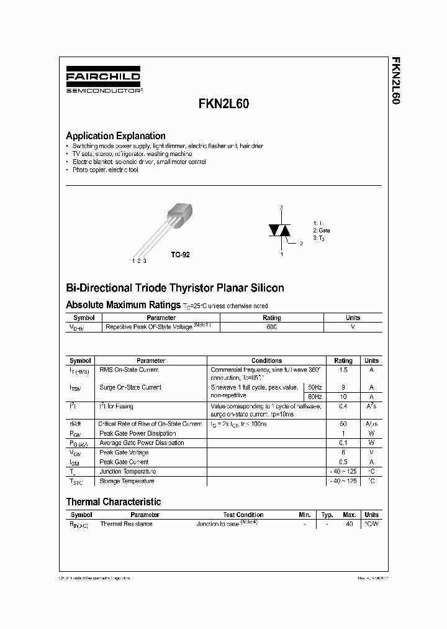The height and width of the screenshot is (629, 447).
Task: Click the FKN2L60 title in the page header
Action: point(224,104)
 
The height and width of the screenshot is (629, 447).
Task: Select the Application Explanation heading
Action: point(115,135)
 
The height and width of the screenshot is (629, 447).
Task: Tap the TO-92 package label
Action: point(180,255)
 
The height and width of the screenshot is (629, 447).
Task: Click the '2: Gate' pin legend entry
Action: point(322,230)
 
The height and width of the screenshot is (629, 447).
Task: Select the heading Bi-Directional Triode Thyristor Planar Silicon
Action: point(175,288)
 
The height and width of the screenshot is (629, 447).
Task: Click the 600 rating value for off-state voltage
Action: point(271,326)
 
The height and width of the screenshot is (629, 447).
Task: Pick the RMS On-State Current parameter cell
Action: point(129,370)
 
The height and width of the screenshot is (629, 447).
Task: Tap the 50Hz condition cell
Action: point(315,387)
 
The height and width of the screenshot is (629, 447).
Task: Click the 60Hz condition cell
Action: point(315,397)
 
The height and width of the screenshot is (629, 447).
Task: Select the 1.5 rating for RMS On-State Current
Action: point(343,370)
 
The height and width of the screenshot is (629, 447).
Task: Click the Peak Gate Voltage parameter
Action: point(124,452)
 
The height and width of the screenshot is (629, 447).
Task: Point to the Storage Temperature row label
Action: point(127,481)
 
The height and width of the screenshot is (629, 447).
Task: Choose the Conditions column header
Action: point(266,360)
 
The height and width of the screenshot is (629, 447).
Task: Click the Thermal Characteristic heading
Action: point(114,502)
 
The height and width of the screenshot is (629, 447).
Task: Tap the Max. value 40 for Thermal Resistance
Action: point(350,524)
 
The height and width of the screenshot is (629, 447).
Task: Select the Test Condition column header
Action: point(243,515)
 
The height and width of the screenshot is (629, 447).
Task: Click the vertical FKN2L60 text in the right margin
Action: point(395,80)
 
